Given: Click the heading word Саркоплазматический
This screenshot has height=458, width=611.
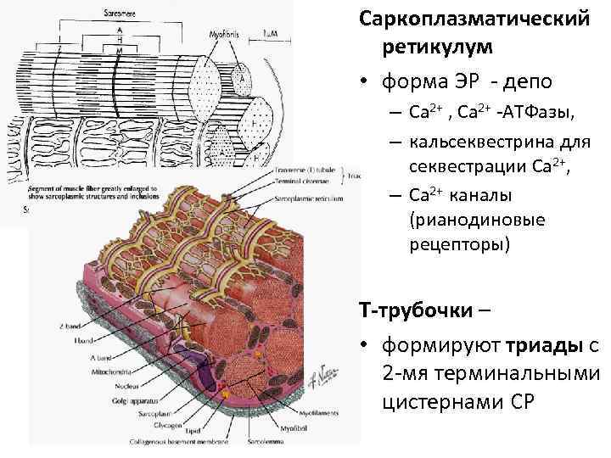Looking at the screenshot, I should [474, 18].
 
